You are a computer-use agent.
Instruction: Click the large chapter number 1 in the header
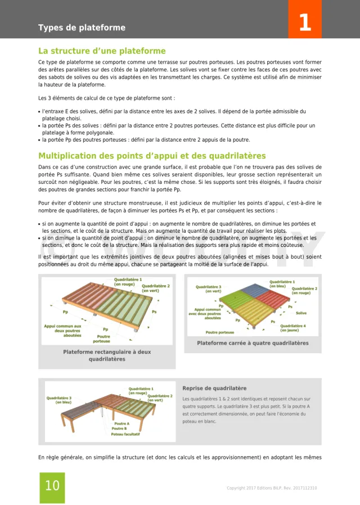coord(304,23)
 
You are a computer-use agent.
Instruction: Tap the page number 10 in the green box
coord(52,486)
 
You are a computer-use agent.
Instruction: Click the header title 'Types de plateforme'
coord(82,28)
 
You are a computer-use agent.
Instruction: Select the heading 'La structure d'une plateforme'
coord(102,51)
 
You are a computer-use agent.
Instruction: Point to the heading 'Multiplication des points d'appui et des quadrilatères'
coord(152,156)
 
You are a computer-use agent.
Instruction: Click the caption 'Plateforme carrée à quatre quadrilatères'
coord(253,343)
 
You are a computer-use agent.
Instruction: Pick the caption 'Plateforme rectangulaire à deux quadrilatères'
coord(107,355)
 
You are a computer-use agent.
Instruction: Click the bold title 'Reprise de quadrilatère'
coord(214,388)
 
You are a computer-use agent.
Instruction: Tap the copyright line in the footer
coord(272,488)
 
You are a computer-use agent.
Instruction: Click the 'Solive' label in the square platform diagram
coord(301,313)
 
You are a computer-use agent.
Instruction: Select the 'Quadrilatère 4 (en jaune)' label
coord(292,328)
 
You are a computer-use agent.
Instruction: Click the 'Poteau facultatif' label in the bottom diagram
coord(125,434)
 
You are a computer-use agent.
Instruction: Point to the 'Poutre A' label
coord(121,423)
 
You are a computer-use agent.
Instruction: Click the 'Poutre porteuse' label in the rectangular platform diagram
coord(101,339)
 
